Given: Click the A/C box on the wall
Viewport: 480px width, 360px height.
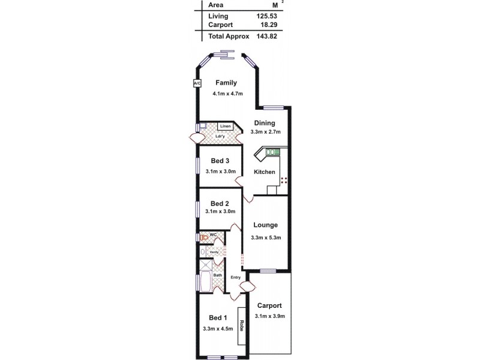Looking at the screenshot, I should coord(197,83).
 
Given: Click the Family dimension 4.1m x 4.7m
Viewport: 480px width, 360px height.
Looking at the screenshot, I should coord(229,94).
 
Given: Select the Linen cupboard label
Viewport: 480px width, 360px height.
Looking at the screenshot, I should coord(225,127).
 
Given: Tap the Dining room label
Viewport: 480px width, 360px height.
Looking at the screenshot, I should coord(264,123).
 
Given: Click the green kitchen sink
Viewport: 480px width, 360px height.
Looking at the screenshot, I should coord(273,153).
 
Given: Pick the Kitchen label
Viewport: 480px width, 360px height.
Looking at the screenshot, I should coord(265,172).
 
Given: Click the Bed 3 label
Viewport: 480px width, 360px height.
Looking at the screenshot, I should coord(220,161).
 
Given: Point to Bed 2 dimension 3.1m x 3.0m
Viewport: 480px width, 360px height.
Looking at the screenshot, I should coord(220,211).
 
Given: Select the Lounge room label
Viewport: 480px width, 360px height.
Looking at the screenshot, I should coord(265,226).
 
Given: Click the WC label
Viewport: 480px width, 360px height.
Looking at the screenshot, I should coord(213,235).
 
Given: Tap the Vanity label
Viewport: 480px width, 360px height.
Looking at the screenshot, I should coord(214,251).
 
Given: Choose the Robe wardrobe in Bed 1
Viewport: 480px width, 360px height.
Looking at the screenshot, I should coord(242,326).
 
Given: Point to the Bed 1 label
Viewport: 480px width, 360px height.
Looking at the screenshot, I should coord(218,317).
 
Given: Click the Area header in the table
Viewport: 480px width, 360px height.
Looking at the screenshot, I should coord(215,5).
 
